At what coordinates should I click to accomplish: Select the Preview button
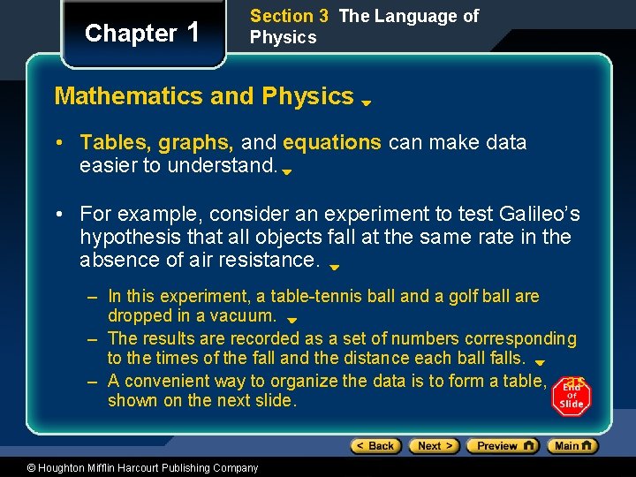coord(502,446)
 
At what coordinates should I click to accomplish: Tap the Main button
coord(573,446)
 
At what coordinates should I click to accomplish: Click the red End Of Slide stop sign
coord(572,396)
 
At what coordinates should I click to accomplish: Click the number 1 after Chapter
coord(193,32)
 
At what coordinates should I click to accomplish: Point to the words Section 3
coord(282,16)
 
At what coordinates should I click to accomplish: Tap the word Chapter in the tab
coord(131,34)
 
